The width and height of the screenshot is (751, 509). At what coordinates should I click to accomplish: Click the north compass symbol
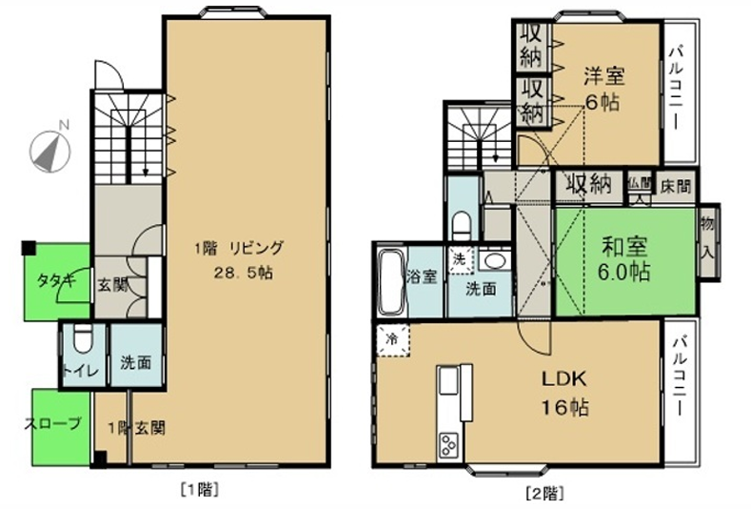point(49,152)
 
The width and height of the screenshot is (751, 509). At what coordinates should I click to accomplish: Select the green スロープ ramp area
point(61,427)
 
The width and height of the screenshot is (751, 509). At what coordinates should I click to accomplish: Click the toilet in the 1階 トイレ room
point(84,339)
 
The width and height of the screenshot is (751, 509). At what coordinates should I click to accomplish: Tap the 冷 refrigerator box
point(393,340)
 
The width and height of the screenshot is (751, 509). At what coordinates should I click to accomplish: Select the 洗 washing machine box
point(460,260)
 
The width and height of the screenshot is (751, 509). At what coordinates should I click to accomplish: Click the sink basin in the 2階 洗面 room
point(494,261)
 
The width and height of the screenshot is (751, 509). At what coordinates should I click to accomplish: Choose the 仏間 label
point(640,183)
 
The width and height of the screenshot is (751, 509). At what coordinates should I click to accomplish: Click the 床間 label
point(676,186)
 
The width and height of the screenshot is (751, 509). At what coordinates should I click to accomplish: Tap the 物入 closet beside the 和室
point(708,241)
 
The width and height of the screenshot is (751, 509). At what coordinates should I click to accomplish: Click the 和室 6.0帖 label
point(624,259)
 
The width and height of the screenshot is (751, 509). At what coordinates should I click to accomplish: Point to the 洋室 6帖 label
point(604,90)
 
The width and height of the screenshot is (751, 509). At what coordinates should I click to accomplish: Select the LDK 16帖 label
point(564,394)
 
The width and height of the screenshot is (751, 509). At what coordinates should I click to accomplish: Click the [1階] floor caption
point(200,490)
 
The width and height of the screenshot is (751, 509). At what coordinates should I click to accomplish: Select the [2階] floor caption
point(544,493)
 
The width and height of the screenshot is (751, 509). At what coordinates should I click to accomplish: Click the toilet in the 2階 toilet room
point(463,226)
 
